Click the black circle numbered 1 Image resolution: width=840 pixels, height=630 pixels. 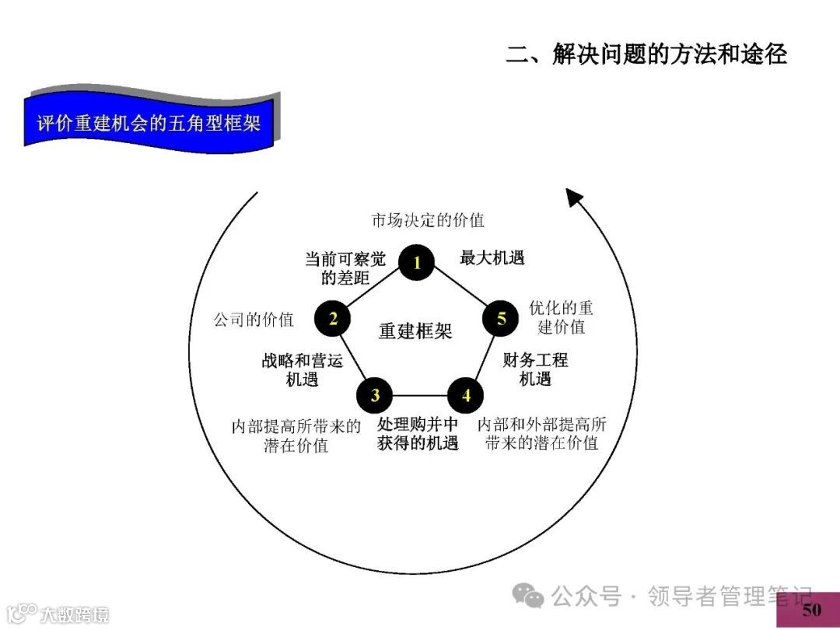click(x=417, y=262)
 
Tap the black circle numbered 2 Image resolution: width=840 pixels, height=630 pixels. click(x=333, y=318)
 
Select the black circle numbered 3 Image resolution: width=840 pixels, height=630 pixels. click(x=375, y=395)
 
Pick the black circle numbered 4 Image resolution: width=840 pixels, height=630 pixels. click(x=466, y=395)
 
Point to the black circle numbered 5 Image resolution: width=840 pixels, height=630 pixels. click(x=502, y=318)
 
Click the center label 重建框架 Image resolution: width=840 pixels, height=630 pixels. click(x=415, y=331)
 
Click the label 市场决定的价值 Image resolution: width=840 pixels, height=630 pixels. click(x=428, y=220)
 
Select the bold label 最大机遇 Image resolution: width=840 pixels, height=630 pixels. click(x=492, y=257)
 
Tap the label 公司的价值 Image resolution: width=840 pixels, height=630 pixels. click(x=254, y=319)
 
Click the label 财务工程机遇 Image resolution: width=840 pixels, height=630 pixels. click(x=535, y=369)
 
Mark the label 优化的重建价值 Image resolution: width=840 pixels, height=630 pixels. click(x=561, y=317)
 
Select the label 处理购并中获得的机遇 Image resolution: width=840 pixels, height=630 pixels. click(x=418, y=434)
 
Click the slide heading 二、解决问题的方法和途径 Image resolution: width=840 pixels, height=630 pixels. click(x=646, y=54)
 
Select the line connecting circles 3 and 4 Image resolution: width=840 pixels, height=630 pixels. click(x=420, y=395)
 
